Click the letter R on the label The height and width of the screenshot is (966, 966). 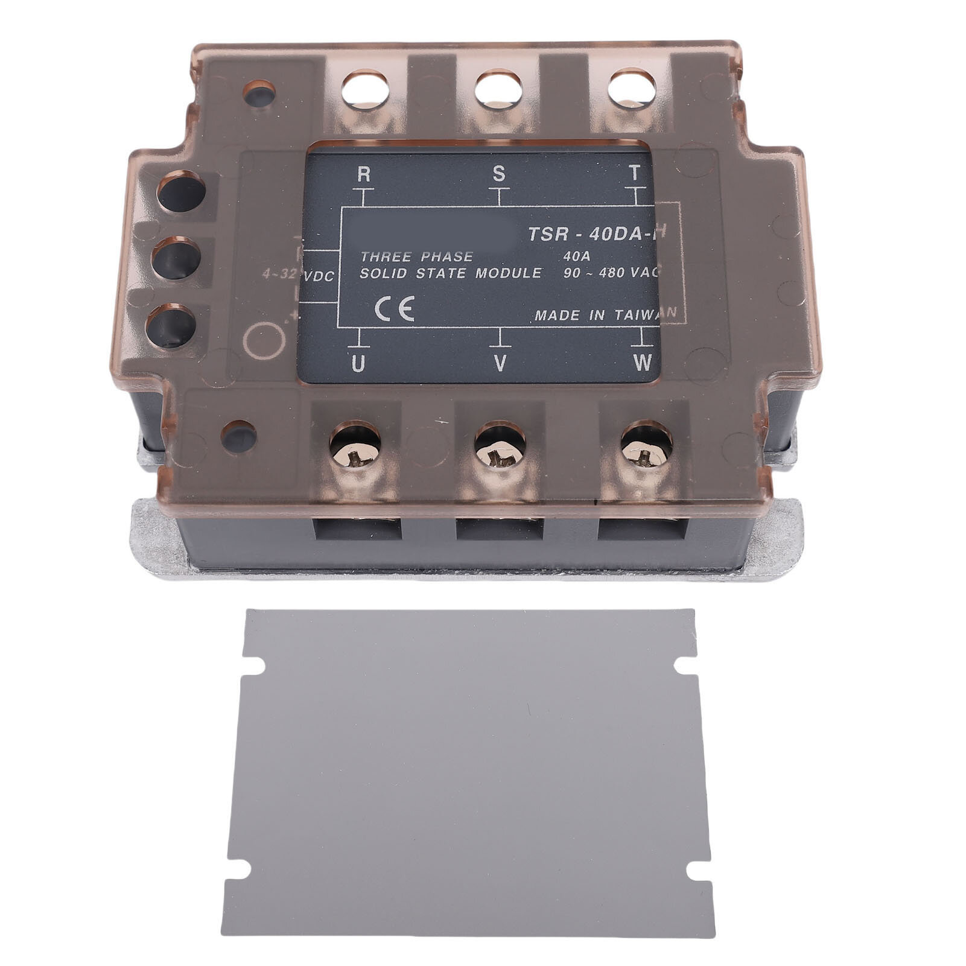click(364, 174)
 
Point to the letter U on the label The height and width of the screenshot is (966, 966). click(358, 363)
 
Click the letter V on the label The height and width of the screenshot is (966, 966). click(500, 363)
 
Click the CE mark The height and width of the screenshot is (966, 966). click(394, 310)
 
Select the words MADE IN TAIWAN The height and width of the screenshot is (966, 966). click(605, 315)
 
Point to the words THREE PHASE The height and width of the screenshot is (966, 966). click(416, 256)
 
